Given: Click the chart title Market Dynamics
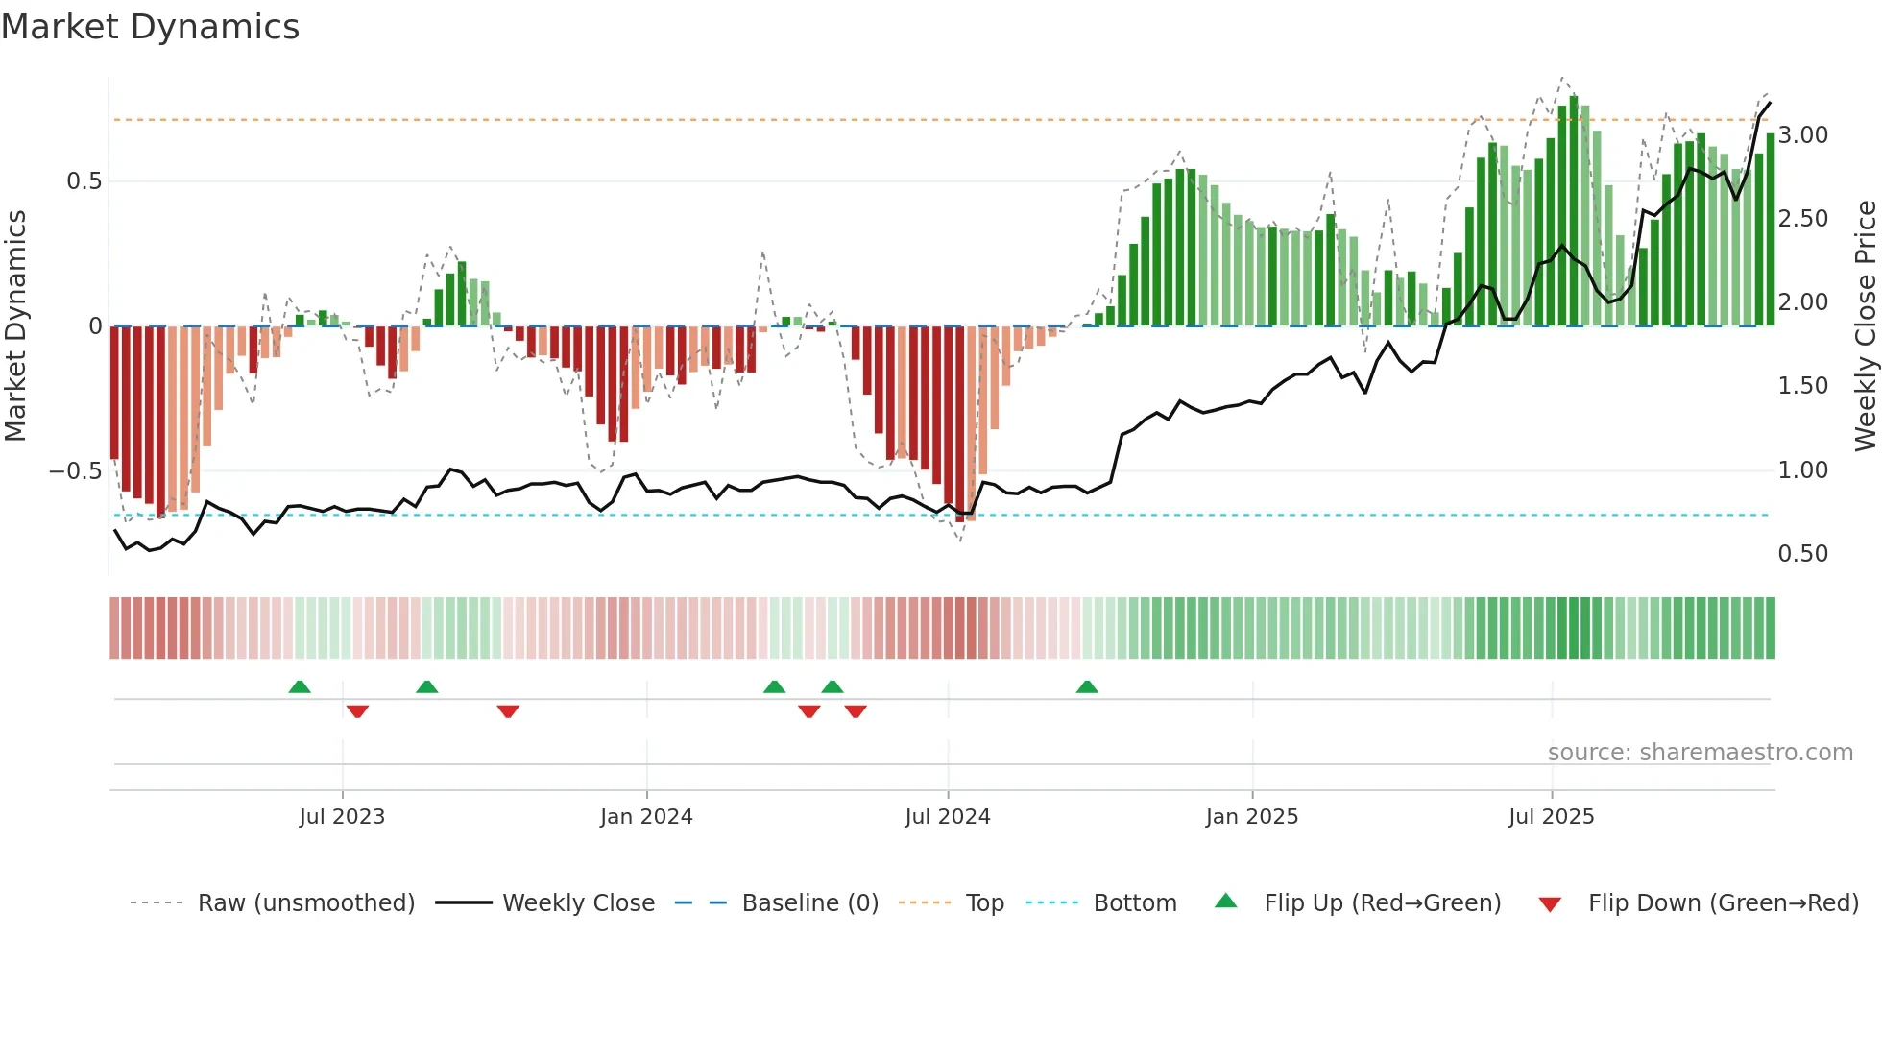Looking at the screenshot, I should click(150, 27).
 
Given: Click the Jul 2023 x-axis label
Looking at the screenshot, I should click(342, 817).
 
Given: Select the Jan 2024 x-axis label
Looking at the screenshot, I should click(646, 817).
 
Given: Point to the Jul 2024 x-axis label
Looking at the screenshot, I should click(947, 817).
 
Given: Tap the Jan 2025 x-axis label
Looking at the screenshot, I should click(1251, 817).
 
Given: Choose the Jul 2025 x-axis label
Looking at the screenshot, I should click(1551, 817).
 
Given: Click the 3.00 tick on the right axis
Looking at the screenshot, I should click(1802, 135).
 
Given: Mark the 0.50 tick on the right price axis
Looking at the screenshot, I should click(1802, 554).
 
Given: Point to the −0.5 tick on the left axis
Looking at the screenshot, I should click(75, 471).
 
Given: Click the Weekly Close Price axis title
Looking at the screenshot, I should click(1865, 325).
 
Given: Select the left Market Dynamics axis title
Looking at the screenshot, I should click(15, 325).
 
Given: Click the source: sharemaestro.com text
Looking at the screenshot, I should click(1700, 753).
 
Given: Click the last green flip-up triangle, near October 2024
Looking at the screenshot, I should click(1087, 687).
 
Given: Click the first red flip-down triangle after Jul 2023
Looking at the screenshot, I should click(357, 711).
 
